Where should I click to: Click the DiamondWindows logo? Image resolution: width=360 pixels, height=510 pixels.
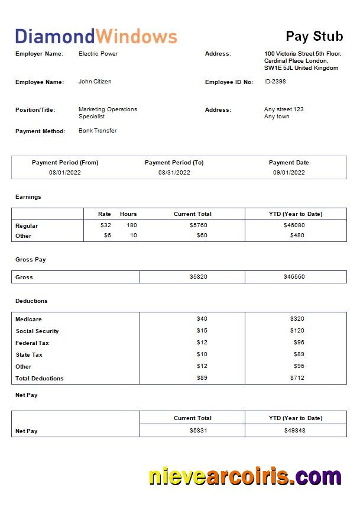(x=96, y=36)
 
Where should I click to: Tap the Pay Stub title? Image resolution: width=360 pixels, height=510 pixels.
(x=314, y=36)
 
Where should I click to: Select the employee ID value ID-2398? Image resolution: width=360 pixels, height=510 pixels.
(x=275, y=82)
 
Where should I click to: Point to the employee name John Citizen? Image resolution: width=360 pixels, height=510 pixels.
(x=95, y=82)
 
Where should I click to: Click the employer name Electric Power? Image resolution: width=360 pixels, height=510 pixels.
(x=98, y=54)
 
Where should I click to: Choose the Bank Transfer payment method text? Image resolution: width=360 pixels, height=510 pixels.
(x=98, y=131)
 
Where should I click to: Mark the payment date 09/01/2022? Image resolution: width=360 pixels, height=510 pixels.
(x=288, y=173)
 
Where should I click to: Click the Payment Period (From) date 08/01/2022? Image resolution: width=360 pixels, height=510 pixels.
(x=65, y=173)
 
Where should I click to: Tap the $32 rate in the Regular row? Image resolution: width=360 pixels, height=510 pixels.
(x=105, y=225)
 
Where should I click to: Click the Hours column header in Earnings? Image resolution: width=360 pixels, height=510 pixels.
(x=128, y=214)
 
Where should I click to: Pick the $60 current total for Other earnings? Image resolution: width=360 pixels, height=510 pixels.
(x=202, y=235)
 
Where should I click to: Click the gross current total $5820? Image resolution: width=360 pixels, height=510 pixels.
(x=198, y=277)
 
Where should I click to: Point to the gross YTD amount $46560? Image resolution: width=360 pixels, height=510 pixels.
(x=294, y=277)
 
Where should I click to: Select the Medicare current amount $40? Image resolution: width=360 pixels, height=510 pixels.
(x=202, y=319)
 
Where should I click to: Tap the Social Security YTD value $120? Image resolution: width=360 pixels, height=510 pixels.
(x=297, y=331)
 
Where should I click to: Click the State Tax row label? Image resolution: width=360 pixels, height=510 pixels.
(x=29, y=355)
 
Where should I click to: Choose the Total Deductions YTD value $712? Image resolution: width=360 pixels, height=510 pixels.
(x=297, y=378)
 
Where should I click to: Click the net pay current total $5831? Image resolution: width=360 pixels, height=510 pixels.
(x=198, y=431)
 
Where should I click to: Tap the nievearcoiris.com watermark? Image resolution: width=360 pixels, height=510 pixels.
(x=244, y=476)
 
